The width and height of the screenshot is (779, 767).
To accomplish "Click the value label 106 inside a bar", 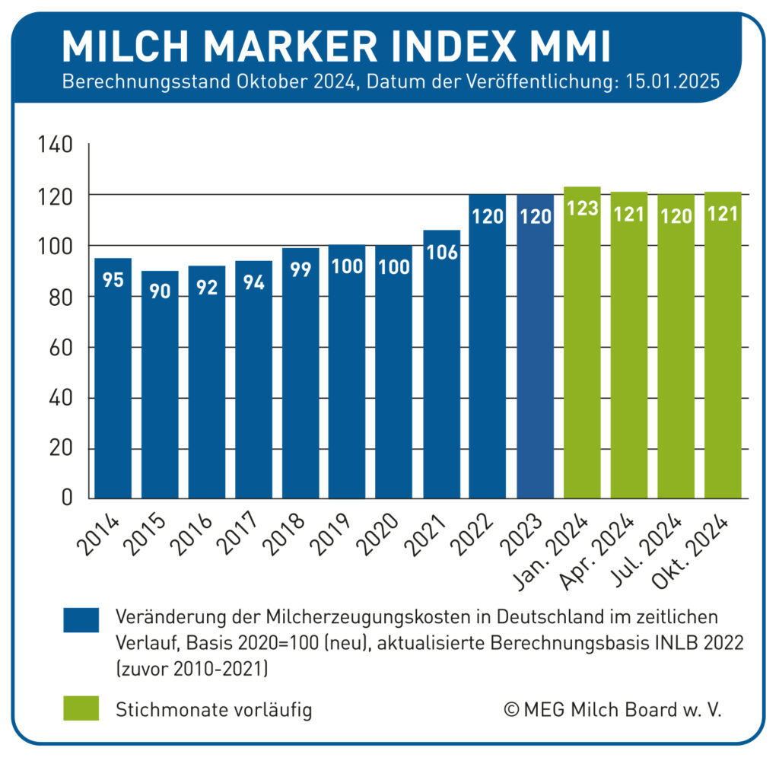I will (441, 253).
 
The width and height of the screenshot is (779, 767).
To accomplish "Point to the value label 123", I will (582, 208).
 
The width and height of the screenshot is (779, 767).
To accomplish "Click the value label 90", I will (160, 292).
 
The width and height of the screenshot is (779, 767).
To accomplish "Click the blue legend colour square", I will (81, 620).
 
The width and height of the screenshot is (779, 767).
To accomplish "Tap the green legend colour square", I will (81, 708).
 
